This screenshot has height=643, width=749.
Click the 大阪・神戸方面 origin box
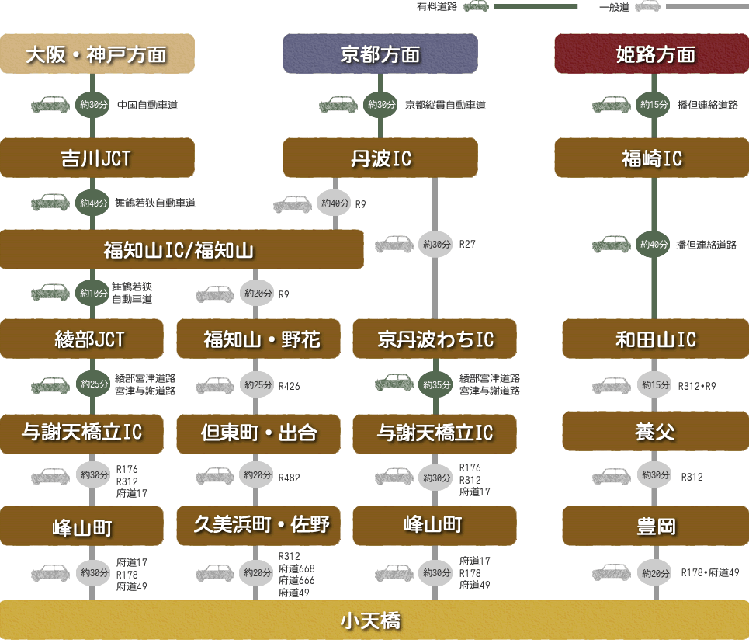tap(97, 54)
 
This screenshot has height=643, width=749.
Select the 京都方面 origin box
tap(380, 54)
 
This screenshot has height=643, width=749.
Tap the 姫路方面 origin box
tap(651, 54)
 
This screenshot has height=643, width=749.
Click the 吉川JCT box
tap(97, 158)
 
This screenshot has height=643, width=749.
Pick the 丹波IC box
tap(380, 158)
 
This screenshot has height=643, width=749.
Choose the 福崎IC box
tap(651, 158)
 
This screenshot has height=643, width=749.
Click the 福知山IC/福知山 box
tap(182, 249)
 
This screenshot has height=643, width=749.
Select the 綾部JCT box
tap(81, 339)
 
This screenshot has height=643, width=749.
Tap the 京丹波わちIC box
tap(435, 339)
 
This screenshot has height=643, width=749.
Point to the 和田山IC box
tap(655, 339)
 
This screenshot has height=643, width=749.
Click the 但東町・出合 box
tap(258, 433)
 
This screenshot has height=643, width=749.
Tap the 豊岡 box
tap(655, 526)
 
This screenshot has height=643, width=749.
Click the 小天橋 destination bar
tap(374, 620)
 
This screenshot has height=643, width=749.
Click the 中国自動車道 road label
tap(147, 105)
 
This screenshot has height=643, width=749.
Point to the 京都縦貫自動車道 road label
tap(446, 105)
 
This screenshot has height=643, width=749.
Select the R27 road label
tap(467, 245)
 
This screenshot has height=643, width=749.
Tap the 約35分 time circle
tap(435, 384)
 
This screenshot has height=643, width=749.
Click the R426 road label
tap(290, 386)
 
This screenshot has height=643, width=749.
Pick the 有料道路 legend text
tap(437, 7)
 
